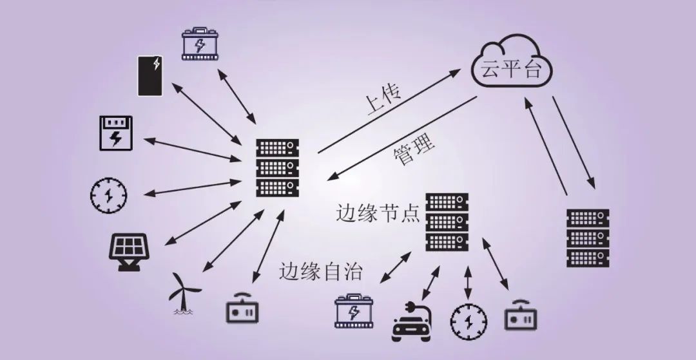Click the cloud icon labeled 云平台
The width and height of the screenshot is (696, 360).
click(x=512, y=64)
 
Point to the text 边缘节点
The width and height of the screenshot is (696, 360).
click(x=378, y=213)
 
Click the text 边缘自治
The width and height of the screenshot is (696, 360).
click(x=320, y=271)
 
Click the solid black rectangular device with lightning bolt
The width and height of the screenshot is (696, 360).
click(x=150, y=75)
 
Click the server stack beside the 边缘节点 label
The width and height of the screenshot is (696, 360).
click(x=447, y=222)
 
